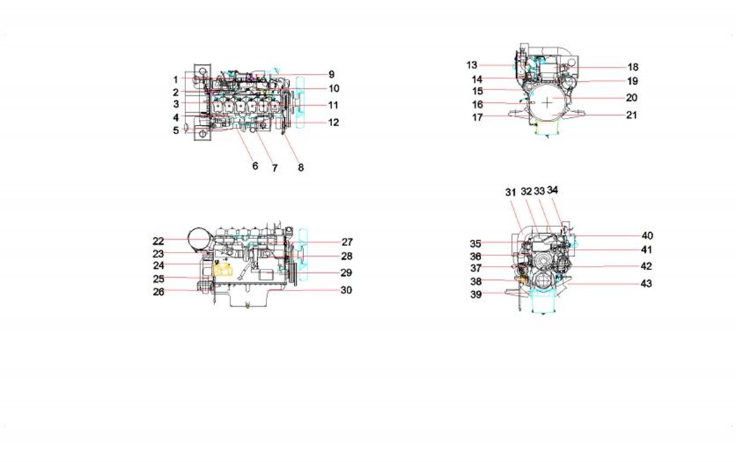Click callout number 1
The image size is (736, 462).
(176, 80)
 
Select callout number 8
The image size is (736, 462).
(301, 167)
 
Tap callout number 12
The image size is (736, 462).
(333, 123)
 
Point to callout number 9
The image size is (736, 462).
(331, 74)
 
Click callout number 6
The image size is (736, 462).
(255, 166)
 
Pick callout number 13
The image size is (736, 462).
(472, 66)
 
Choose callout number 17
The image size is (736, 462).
(477, 117)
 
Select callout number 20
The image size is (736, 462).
(632, 97)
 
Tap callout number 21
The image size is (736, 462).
(632, 115)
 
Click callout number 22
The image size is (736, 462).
(158, 241)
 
